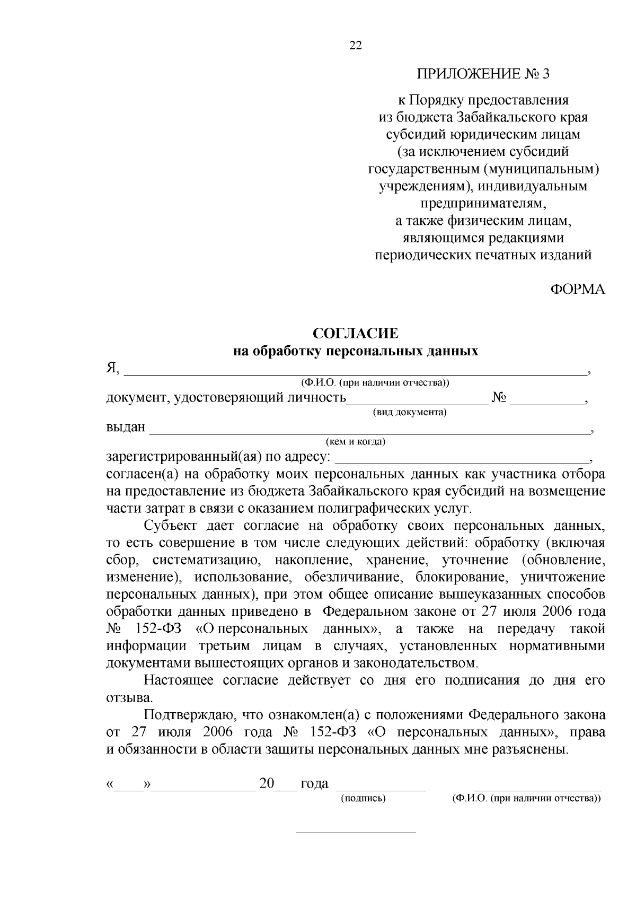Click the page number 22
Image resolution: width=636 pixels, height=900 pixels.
pos(356,46)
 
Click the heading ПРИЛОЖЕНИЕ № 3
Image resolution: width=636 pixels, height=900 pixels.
pos(483,74)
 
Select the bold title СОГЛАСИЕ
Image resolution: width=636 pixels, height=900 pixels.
pos(355,334)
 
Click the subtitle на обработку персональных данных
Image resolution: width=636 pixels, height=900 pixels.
pos(356,351)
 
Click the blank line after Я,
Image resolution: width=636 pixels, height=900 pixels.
pos(355,371)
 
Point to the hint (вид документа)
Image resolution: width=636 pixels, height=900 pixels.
pos(410,412)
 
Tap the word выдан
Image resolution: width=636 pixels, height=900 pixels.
pos(126,427)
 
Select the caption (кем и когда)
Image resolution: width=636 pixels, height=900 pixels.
pos(356,441)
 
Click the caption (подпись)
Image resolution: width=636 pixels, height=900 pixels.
pos(363,798)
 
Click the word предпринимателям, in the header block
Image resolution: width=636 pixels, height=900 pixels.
pos(483,204)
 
